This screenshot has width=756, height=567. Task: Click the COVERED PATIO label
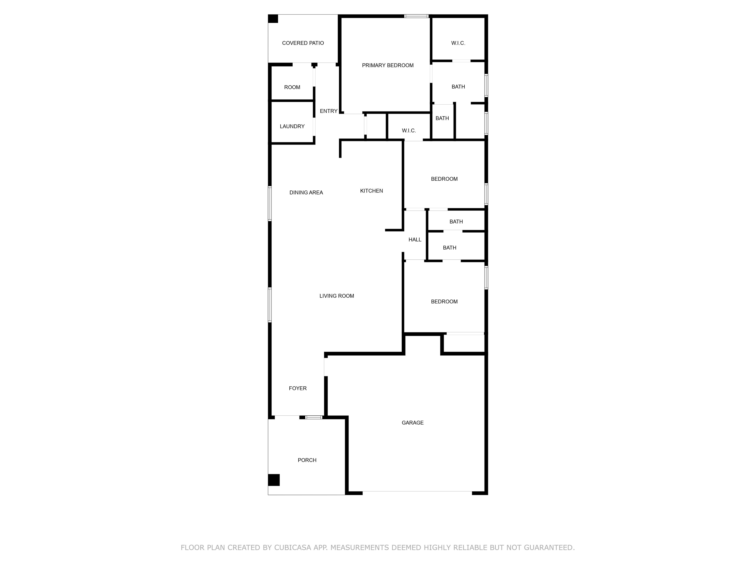pyautogui.click(x=303, y=43)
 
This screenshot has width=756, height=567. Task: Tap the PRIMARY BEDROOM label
pyautogui.click(x=388, y=65)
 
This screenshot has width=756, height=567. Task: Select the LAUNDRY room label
pyautogui.click(x=292, y=126)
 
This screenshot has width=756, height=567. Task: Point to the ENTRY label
pyautogui.click(x=329, y=111)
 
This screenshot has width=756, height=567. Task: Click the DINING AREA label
pyautogui.click(x=306, y=192)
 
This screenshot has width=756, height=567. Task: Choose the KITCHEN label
pyautogui.click(x=372, y=191)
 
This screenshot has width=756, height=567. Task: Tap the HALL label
pyautogui.click(x=415, y=240)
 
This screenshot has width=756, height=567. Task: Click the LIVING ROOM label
pyautogui.click(x=337, y=296)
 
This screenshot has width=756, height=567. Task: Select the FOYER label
pyautogui.click(x=298, y=388)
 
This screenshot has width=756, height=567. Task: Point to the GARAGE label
pyautogui.click(x=412, y=423)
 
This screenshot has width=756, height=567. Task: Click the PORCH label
pyautogui.click(x=307, y=460)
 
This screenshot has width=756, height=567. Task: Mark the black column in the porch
pyautogui.click(x=274, y=480)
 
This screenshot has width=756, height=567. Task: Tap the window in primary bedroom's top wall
pyautogui.click(x=416, y=16)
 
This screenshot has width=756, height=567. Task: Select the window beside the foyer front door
pyautogui.click(x=314, y=417)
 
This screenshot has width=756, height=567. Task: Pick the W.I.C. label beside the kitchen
pyautogui.click(x=409, y=131)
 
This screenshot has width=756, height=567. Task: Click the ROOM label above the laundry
pyautogui.click(x=292, y=87)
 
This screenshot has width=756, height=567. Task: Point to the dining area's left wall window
pyautogui.click(x=270, y=203)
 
